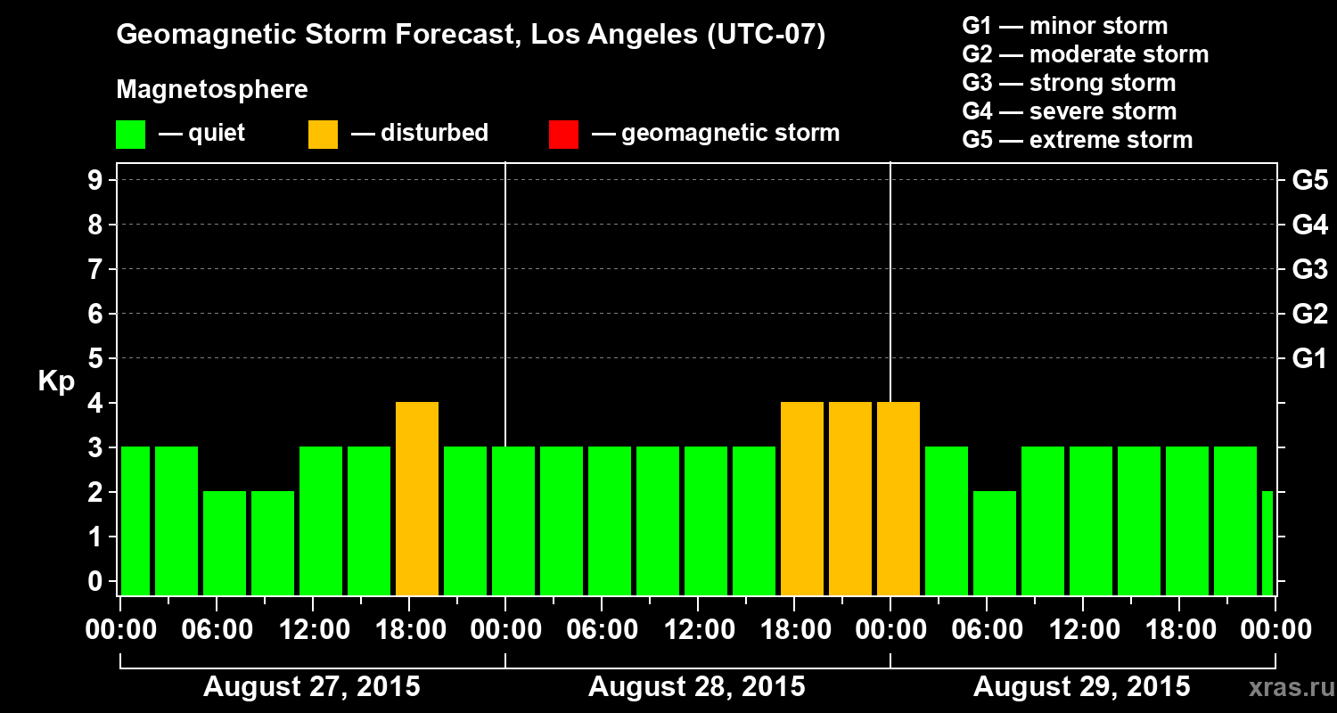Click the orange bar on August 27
tap(417, 499)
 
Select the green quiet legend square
tap(130, 135)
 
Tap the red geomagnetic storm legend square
tap(563, 135)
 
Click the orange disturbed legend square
tap(323, 135)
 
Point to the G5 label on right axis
tap(1309, 181)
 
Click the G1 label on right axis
tap(1309, 359)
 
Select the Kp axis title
tap(55, 381)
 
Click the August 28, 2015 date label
tap(696, 687)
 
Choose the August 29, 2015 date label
tap(1081, 687)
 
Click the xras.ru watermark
tap(1284, 688)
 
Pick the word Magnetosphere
tap(212, 90)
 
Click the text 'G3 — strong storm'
tap(1069, 83)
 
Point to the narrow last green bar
tap(1267, 543)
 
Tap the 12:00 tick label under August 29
tap(1081, 630)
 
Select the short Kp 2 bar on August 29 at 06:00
tap(995, 543)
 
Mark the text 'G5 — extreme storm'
tap(1077, 140)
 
